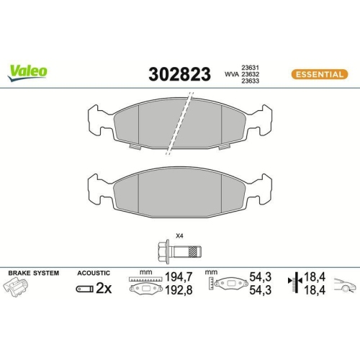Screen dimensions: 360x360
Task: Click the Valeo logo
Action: pyautogui.click(x=28, y=71)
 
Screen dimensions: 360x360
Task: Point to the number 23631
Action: pyautogui.click(x=250, y=65)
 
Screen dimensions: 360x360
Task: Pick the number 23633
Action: pyautogui.click(x=250, y=82)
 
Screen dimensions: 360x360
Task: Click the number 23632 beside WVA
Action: pyautogui.click(x=250, y=73)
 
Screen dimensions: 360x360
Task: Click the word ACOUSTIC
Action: pyautogui.click(x=93, y=274)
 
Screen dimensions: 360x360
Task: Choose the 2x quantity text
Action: pyautogui.click(x=104, y=289)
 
